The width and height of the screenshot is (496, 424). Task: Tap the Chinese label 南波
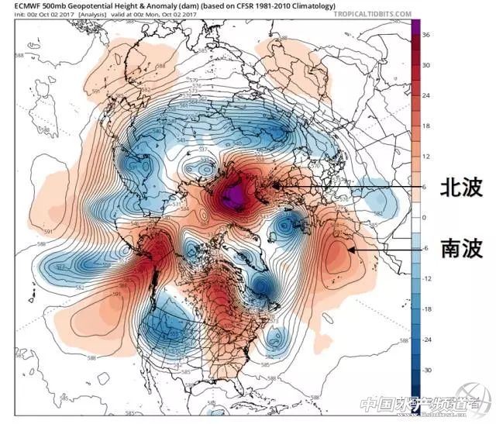[462, 248]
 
